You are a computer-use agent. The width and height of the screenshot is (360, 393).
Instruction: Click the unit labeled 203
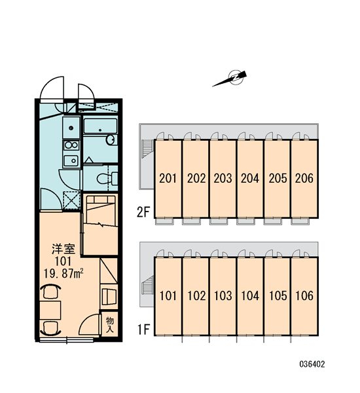click(223, 178)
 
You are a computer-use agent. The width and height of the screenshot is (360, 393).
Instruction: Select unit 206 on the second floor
click(304, 178)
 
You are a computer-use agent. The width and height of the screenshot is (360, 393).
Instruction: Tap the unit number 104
click(250, 296)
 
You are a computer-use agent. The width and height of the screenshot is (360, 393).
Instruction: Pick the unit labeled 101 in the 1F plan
click(168, 296)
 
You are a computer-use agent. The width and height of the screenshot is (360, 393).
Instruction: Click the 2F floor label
click(143, 212)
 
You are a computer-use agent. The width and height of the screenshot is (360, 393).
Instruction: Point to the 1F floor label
click(143, 329)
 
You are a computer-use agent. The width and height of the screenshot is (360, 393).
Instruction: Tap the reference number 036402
click(312, 364)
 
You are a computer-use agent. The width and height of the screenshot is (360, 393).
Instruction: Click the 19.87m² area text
click(63, 273)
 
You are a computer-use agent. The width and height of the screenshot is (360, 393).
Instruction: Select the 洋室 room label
click(63, 250)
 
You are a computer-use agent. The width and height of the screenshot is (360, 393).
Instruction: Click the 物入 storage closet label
click(110, 324)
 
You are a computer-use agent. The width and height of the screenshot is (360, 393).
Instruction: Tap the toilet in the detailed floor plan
click(107, 178)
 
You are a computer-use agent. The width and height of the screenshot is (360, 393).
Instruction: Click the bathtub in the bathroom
click(100, 126)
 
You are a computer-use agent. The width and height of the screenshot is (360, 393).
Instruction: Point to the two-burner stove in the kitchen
click(71, 145)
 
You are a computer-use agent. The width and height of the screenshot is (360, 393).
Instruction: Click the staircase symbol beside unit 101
click(147, 286)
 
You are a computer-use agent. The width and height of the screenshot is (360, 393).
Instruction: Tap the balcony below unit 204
click(246, 221)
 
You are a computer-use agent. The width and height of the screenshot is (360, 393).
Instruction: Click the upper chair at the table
click(50, 291)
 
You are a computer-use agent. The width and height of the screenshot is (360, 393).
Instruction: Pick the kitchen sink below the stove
click(71, 160)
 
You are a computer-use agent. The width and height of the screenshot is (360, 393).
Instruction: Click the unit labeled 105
click(278, 296)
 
